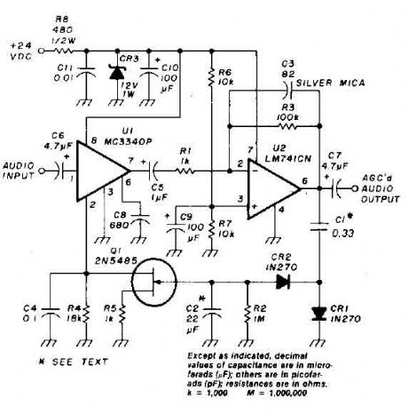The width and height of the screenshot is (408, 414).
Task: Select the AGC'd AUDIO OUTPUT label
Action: coord(377,186)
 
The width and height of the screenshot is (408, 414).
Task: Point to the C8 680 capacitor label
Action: coord(116,218)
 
